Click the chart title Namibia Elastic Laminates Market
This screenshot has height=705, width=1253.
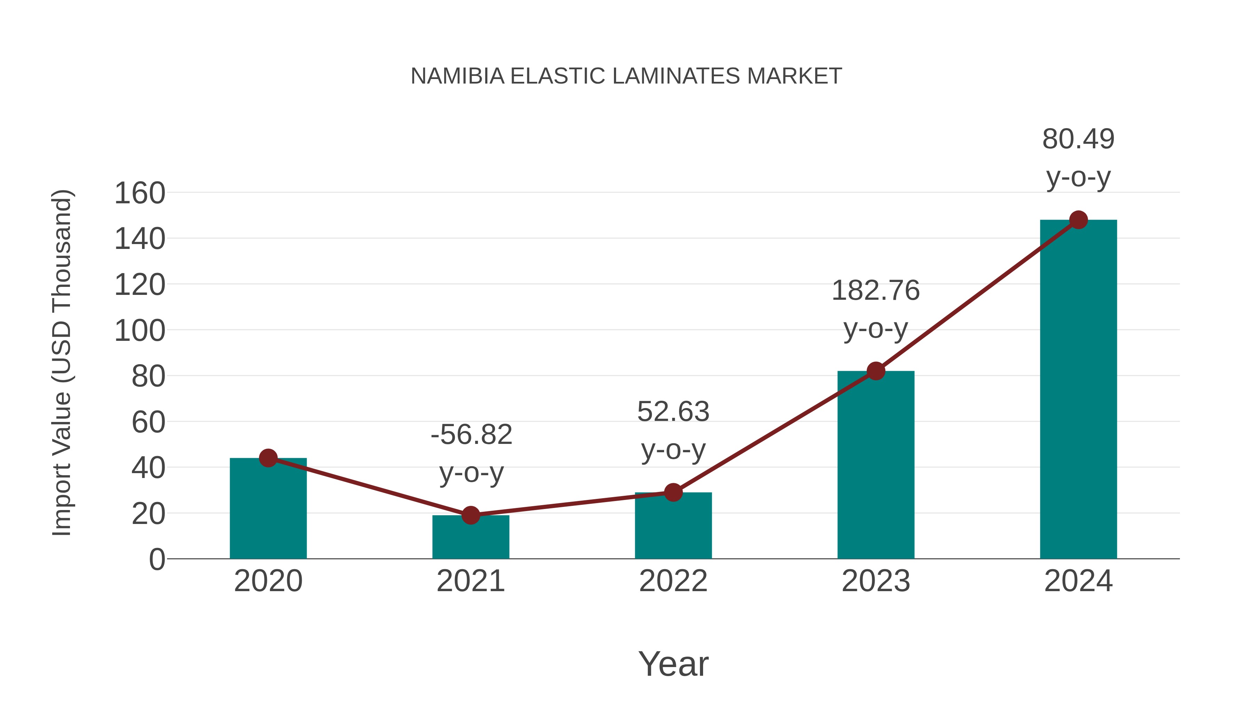click(x=626, y=76)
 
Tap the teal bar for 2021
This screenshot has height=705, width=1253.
click(x=470, y=537)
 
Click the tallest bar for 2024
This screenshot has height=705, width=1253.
click(x=1078, y=389)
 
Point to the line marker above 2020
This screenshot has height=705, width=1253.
click(x=268, y=458)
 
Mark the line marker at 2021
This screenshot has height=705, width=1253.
click(x=470, y=515)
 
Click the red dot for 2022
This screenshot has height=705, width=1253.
click(x=673, y=492)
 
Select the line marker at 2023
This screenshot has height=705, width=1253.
click(x=876, y=371)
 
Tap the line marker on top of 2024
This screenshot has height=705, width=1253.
click(x=1078, y=220)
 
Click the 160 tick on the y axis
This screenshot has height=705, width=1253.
click(x=140, y=193)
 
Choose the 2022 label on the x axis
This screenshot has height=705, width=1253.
click(x=673, y=581)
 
